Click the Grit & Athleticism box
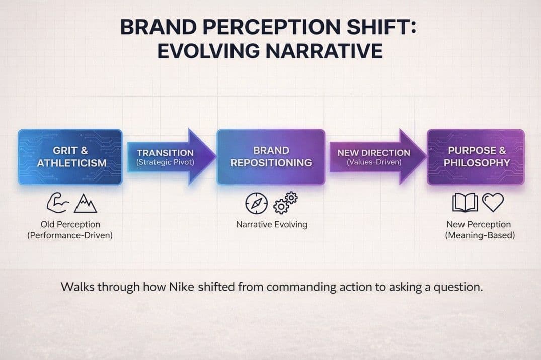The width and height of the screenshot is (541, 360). click(70, 157)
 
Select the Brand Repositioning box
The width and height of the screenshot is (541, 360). click(271, 157)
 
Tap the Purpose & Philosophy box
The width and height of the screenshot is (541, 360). click(476, 157)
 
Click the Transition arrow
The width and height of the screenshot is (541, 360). click(171, 157)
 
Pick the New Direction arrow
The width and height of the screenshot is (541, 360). click(377, 157)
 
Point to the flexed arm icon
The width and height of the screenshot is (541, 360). click(57, 203)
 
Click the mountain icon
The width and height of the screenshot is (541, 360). click(85, 203)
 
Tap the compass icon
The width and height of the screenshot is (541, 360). click(256, 203)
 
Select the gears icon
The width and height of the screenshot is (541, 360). click(285, 203)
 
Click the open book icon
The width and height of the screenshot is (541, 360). click(465, 203)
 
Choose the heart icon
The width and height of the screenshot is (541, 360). click(493, 202)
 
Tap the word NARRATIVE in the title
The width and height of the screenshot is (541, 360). click(324, 51)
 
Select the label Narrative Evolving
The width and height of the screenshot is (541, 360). click(272, 224)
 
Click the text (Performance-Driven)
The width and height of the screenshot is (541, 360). click(70, 235)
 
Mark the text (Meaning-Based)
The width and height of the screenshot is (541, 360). click(480, 235)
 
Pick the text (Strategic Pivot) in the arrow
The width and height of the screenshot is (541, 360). click(165, 162)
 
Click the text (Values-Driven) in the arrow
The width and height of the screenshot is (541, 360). click(374, 162)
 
